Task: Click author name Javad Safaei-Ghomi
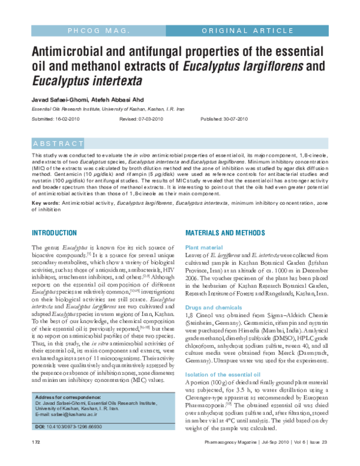tap(58, 98)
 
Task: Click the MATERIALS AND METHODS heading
tap(228, 232)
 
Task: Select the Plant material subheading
tap(204, 247)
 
